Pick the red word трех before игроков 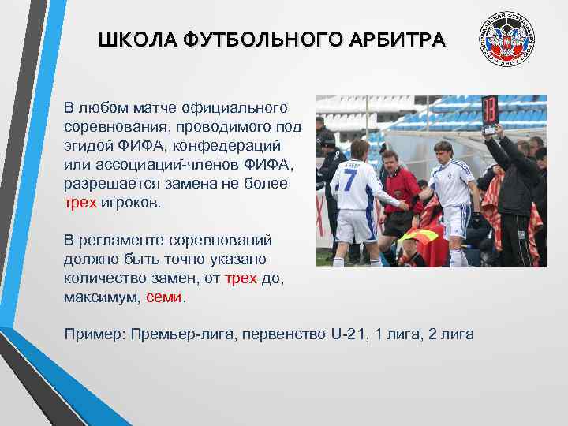coord(80,202)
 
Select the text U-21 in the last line coord(348,334)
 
